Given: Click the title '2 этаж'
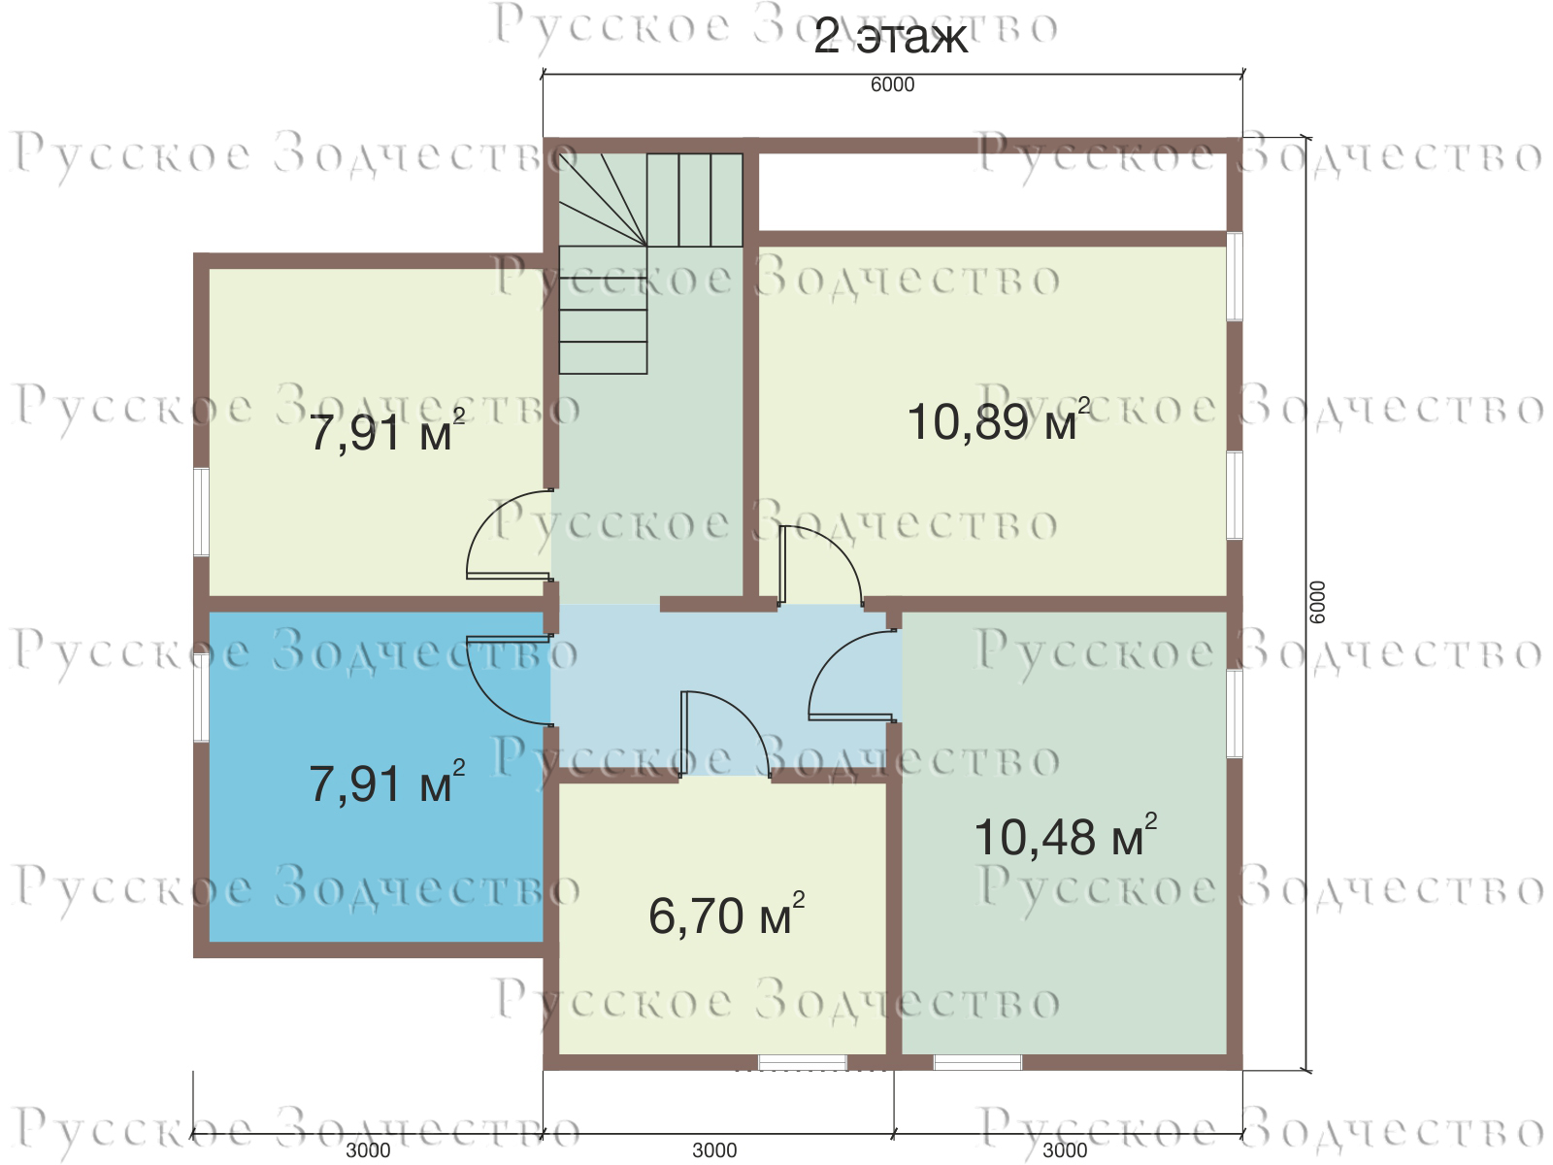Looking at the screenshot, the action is (x=889, y=37).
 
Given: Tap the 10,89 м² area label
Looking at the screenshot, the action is (x=998, y=421).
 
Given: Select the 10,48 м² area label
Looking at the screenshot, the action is (x=1065, y=837).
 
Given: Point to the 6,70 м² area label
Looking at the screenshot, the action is (x=726, y=915).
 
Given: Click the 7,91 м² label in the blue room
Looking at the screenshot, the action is (x=387, y=783).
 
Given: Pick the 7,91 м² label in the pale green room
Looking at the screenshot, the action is (x=387, y=432).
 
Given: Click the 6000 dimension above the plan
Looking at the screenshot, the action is (x=892, y=84).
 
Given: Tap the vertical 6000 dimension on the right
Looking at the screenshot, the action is (x=1317, y=602).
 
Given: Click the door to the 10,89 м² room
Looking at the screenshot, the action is (x=821, y=566).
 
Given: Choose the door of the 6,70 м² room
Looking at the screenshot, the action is (x=725, y=734).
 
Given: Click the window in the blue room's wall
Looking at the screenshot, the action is (x=202, y=697).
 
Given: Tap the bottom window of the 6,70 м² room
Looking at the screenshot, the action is (x=803, y=1062).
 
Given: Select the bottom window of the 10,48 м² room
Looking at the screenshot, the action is (x=977, y=1062).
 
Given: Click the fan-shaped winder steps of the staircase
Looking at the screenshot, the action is (x=603, y=199).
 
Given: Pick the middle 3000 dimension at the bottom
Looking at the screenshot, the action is (x=714, y=1150).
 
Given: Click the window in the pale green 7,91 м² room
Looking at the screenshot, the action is (x=202, y=512).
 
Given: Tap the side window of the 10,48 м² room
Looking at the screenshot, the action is (x=1235, y=714).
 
